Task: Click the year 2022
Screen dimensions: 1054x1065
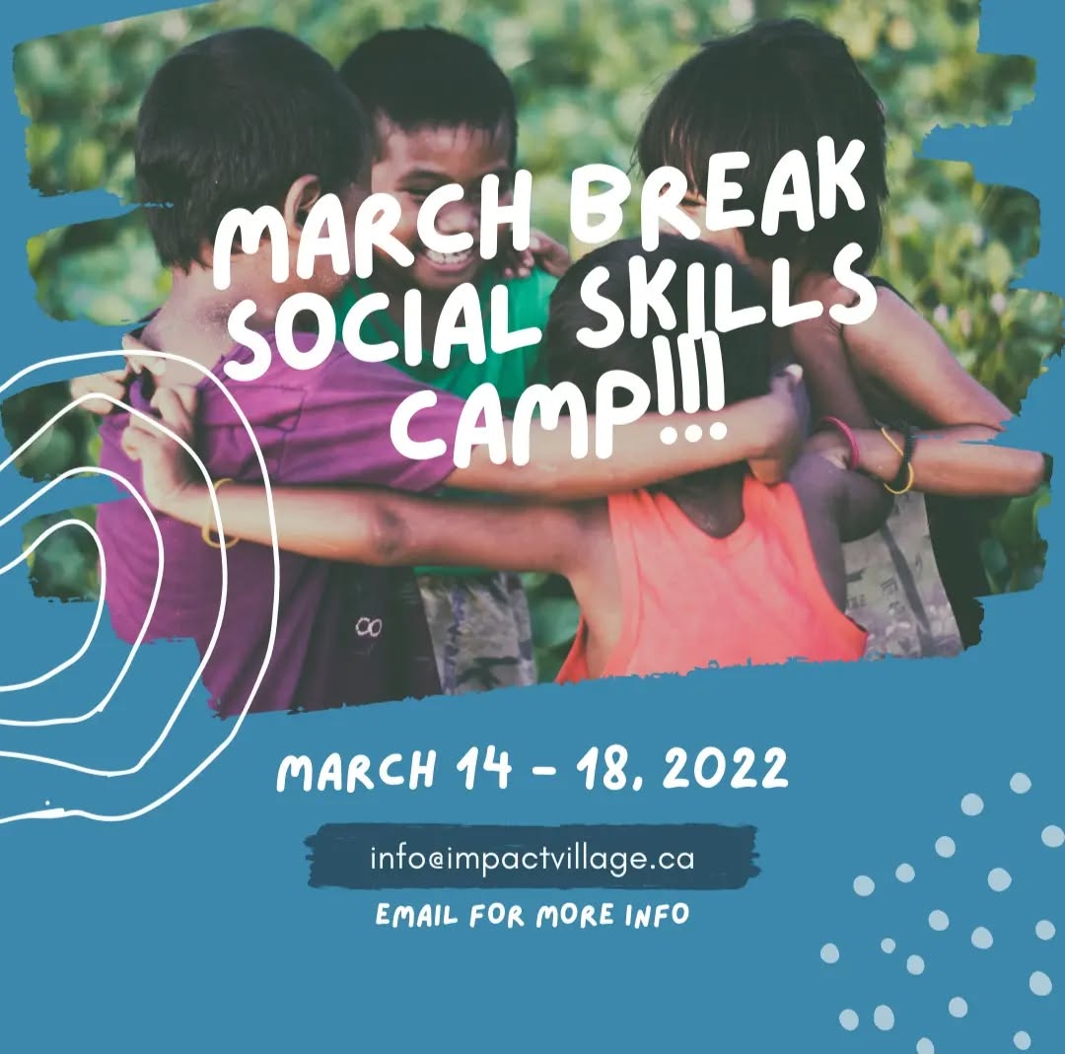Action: click(725, 769)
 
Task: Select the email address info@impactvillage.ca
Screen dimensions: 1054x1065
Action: click(532, 857)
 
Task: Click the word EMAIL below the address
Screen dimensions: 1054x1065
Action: click(418, 916)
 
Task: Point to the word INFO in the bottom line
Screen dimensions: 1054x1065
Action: click(657, 914)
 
